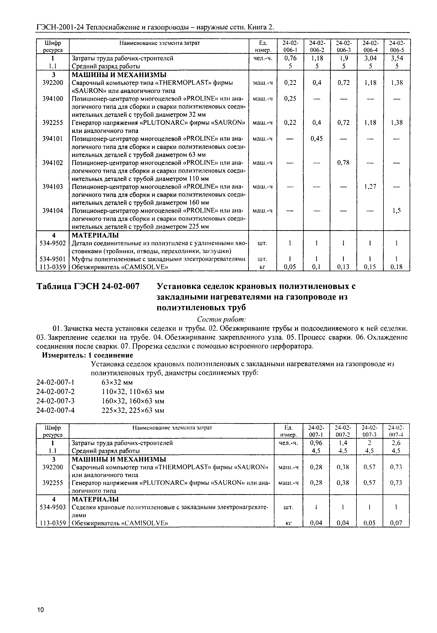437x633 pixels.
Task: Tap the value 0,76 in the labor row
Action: (290, 58)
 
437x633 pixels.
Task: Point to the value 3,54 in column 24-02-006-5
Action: (397, 58)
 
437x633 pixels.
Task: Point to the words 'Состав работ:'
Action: (222, 319)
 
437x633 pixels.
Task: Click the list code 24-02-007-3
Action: (56, 401)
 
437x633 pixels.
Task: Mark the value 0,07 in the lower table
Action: (396, 523)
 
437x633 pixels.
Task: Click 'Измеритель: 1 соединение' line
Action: (87, 355)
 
